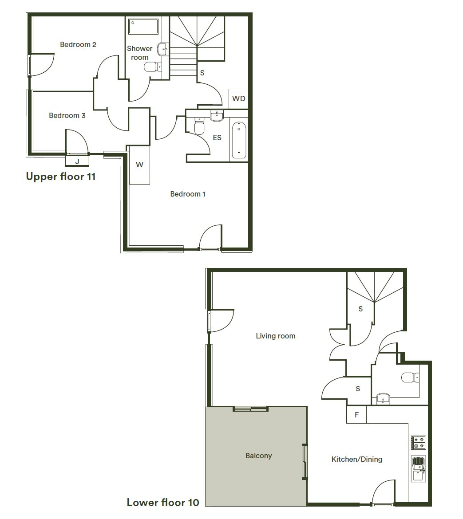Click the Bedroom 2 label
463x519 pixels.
(78, 44)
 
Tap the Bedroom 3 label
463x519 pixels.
(67, 115)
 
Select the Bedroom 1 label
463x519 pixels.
(188, 194)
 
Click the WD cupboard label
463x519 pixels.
(239, 98)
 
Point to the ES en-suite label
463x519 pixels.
(217, 138)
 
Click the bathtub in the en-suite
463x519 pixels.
(239, 140)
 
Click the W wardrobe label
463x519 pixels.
(139, 165)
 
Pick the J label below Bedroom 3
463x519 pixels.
(77, 161)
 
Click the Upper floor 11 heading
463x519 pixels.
(61, 177)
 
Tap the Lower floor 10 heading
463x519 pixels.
(163, 502)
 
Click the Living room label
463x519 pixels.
(275, 336)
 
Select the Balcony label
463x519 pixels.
(258, 456)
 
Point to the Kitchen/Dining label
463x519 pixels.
(356, 459)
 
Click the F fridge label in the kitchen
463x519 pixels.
(356, 415)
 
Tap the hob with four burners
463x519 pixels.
(419, 442)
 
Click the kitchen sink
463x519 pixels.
(418, 468)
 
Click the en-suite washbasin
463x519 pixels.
(217, 116)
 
